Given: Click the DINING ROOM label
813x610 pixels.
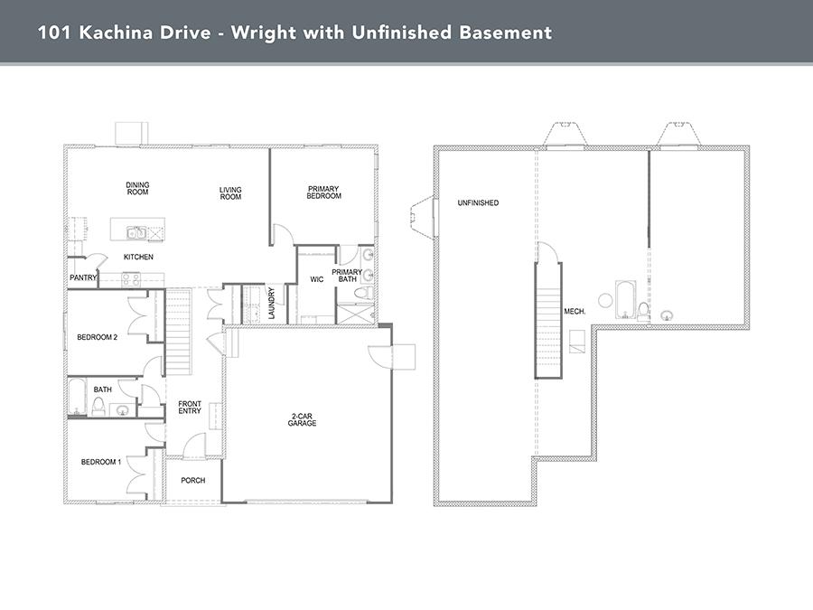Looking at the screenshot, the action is [137, 188].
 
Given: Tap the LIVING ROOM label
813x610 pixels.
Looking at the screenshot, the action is [230, 193].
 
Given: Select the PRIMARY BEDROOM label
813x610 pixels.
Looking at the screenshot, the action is [323, 192].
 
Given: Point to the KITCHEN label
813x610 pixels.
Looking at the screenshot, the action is [138, 257].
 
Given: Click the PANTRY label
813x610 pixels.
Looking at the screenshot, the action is [83, 277].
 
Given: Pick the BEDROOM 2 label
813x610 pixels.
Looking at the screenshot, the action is [97, 337].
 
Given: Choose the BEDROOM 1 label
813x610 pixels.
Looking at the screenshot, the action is [101, 462].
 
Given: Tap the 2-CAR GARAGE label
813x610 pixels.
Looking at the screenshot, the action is [302, 419].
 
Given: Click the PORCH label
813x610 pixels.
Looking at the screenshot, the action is [193, 481].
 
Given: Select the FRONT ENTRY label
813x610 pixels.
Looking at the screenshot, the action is [190, 408].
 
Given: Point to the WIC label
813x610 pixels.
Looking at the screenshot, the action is [317, 279].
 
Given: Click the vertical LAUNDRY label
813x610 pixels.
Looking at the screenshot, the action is [271, 304].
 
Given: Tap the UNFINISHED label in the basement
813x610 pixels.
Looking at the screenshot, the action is [478, 202].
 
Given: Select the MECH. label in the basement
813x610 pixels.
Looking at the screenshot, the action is [575, 311].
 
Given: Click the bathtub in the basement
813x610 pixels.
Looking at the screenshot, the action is [625, 300].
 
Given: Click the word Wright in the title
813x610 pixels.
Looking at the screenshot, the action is [262, 33].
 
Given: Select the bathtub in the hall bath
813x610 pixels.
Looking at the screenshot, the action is [78, 398].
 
